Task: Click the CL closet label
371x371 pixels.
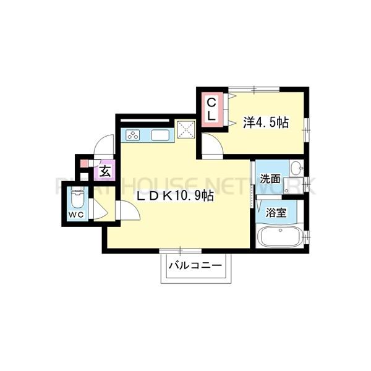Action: point(211,108)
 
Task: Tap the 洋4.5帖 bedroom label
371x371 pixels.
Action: point(265,123)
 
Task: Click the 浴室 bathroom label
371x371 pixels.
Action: point(275,213)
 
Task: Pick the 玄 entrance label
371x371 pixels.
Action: point(105,172)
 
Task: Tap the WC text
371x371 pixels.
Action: point(76,215)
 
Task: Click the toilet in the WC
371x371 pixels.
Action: point(77,198)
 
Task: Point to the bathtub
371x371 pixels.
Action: point(278,236)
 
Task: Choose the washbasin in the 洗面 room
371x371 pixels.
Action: point(296,168)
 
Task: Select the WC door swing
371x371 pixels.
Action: point(99,210)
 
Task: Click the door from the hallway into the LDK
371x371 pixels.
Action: point(127,210)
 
